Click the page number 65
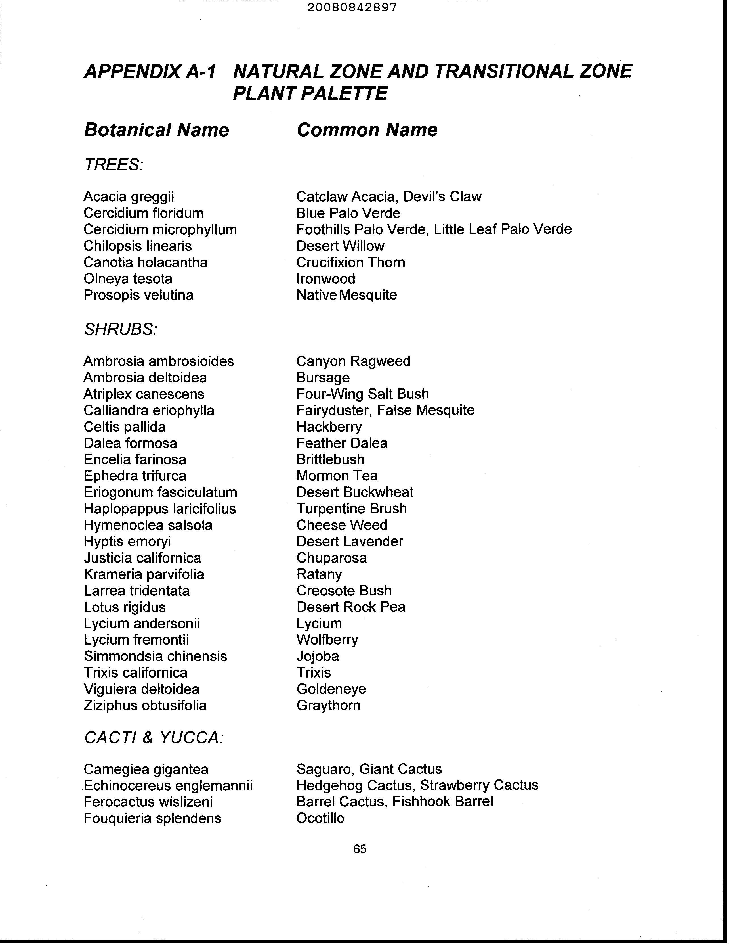[x=360, y=849]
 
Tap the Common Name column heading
[x=367, y=130]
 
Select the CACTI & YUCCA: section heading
[x=154, y=738]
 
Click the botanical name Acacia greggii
[x=129, y=197]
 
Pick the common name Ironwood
[x=326, y=279]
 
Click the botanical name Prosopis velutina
[x=138, y=295]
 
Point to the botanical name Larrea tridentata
[x=137, y=591]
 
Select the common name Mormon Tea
[x=337, y=476]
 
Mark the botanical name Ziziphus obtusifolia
[x=145, y=705]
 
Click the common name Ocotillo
[x=320, y=818]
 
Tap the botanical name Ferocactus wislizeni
[x=148, y=802]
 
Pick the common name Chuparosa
[x=331, y=558]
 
